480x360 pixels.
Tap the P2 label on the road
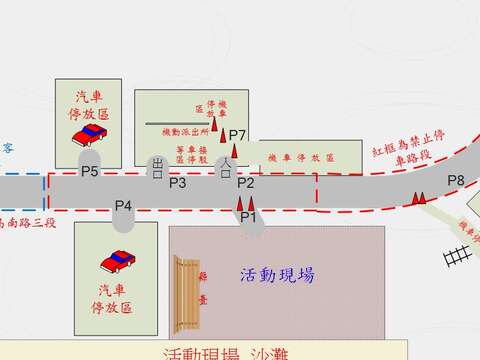(246, 183)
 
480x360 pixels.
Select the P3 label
(177, 183)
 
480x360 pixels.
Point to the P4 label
(124, 206)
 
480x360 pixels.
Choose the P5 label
(90, 172)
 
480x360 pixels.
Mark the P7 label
(237, 135)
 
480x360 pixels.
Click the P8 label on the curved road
(456, 180)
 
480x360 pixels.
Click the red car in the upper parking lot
(95, 136)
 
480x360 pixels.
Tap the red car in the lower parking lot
(116, 262)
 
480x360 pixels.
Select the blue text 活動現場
(278, 275)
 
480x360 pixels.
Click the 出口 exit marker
(157, 166)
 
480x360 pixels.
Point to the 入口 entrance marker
(226, 166)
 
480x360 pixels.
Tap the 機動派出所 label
(184, 129)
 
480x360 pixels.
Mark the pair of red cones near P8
(420, 198)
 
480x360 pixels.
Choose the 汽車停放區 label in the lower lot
(115, 299)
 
